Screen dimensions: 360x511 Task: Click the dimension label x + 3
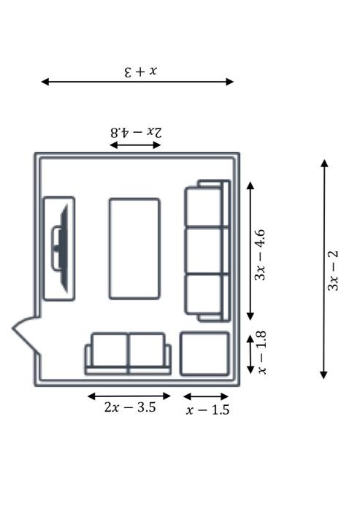141,72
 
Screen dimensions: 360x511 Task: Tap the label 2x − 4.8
136,133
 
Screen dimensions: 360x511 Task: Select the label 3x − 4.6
260,255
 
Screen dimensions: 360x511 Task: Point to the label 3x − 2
333,270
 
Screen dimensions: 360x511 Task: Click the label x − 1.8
262,353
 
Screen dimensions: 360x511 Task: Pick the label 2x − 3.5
130,407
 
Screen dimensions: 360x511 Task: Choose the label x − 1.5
207,410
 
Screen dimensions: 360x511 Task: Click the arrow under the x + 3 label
137,82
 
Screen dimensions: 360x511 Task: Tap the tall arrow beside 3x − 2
323,269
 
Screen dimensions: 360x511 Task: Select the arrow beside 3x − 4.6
250,251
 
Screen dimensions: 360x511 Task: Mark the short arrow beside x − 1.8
250,354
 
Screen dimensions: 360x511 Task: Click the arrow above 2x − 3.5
129,396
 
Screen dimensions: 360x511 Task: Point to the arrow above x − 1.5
206,396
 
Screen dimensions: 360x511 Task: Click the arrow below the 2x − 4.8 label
135,145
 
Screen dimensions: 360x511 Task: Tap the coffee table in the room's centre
134,249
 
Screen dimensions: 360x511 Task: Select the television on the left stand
61,248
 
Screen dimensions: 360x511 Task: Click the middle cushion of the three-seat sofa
204,250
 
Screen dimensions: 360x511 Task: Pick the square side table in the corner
204,354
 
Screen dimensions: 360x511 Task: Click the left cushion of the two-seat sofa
110,350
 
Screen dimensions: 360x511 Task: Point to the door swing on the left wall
26,334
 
